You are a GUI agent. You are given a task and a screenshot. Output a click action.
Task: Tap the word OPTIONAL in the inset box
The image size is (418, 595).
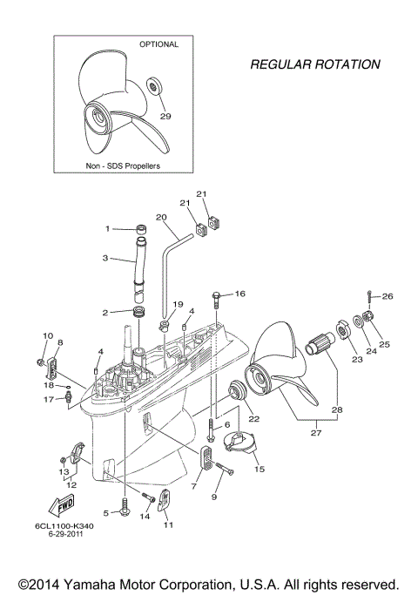pos(159,44)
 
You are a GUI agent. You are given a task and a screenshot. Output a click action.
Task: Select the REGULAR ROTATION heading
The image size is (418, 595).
pos(315,64)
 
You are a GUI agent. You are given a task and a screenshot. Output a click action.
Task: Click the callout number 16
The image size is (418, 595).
pos(240,294)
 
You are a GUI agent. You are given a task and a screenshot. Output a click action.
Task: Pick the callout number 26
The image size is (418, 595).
pos(388,296)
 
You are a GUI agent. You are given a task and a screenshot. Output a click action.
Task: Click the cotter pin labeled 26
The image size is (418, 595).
pos(371,298)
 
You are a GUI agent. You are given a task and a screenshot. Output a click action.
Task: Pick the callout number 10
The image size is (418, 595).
pos(48,335)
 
